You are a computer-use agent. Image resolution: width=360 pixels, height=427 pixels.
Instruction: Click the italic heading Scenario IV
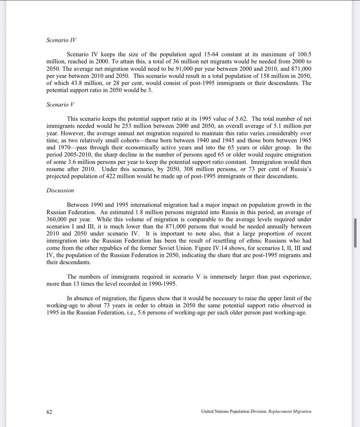[61, 40]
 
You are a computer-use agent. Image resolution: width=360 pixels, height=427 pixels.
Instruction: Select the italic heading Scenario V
[60, 104]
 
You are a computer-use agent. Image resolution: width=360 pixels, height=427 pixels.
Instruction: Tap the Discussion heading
[60, 190]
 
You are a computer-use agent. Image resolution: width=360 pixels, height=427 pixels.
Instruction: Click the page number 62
[49, 412]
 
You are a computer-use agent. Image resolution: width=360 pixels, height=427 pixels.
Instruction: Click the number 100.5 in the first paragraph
[304, 54]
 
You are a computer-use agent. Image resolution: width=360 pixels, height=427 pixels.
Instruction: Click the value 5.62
[241, 119]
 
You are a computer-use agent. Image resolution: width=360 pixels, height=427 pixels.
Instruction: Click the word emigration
[297, 155]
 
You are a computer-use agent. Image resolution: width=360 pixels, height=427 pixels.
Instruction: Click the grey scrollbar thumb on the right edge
[355, 233]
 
